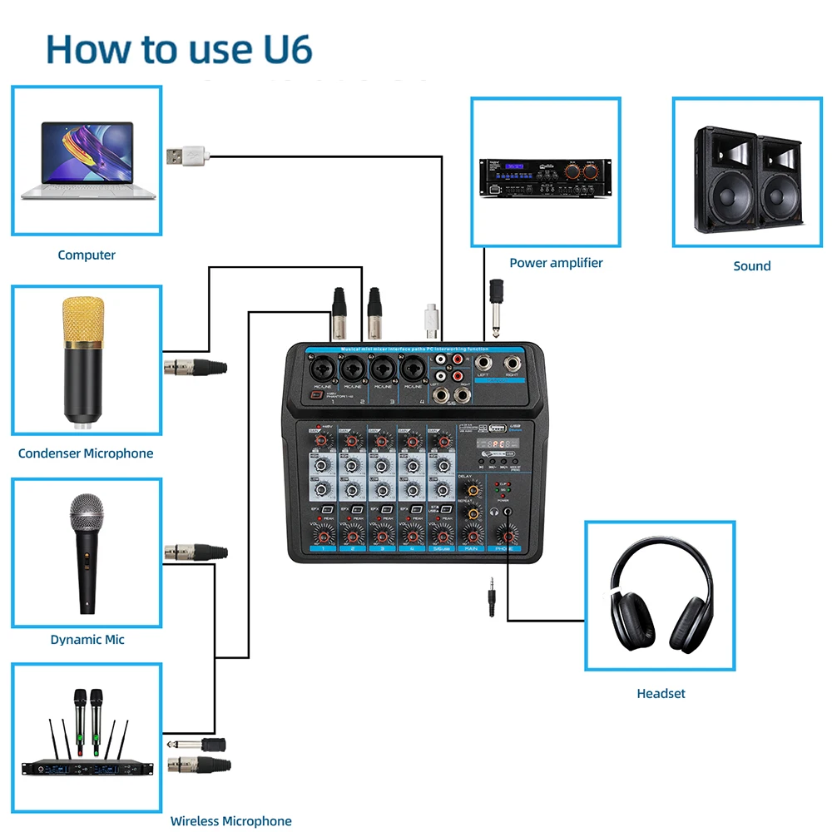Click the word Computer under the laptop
(87, 255)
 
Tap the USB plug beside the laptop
(185, 155)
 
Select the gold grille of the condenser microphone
(85, 319)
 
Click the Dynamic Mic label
(87, 640)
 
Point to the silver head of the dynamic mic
(87, 511)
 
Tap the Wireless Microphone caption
(230, 821)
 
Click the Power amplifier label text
(556, 263)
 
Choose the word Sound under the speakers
(751, 266)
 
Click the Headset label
(661, 693)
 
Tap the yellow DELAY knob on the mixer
(473, 490)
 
